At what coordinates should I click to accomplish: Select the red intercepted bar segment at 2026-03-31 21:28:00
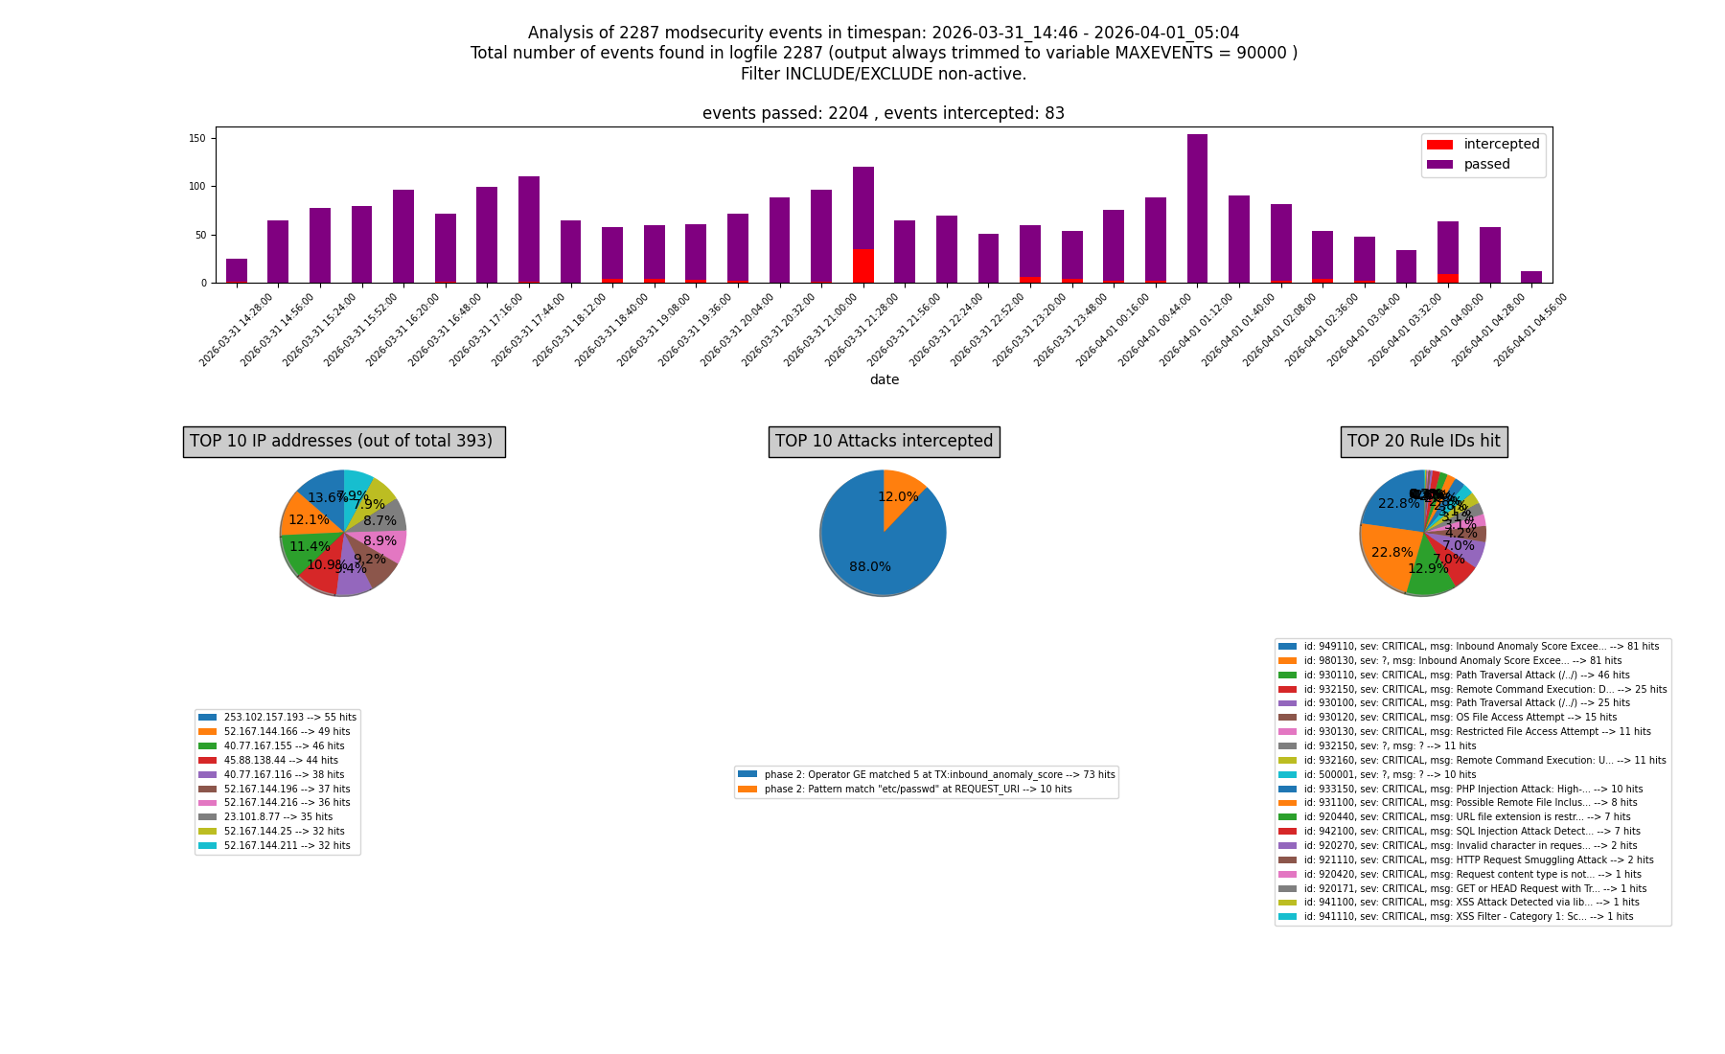coord(862,266)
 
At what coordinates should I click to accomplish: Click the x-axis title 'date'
coord(884,380)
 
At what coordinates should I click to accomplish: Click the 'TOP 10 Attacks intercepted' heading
coord(884,442)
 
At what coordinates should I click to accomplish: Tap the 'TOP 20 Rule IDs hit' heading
coord(1423,442)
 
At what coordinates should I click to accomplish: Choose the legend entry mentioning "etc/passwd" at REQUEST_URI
coord(917,790)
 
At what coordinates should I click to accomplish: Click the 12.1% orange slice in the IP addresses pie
coord(307,518)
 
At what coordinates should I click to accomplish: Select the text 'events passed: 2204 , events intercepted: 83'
coord(883,114)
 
